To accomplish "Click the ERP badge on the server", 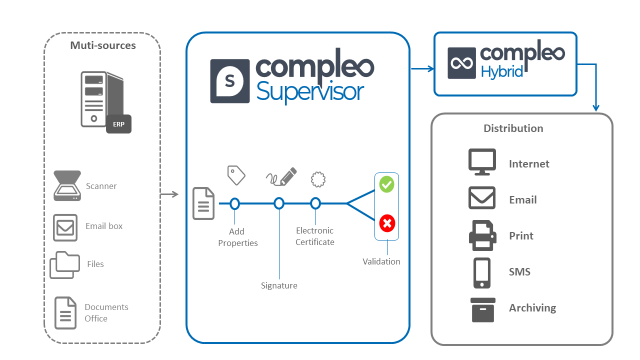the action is [x=118, y=124].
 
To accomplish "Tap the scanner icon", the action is [x=67, y=185].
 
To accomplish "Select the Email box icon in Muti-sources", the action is [x=65, y=227].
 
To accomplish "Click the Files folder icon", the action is [x=65, y=265].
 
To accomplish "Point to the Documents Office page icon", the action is [x=65, y=313].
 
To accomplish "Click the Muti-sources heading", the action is [x=103, y=45].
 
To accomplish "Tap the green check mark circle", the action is [x=387, y=184].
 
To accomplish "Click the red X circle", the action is [x=387, y=223].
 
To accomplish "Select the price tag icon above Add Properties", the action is [x=236, y=175].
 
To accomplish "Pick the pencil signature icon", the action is [x=281, y=177].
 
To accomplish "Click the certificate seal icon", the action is [x=318, y=179].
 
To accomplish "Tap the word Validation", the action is [x=381, y=261].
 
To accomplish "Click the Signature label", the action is [x=279, y=285].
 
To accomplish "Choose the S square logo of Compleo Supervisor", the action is [x=230, y=81].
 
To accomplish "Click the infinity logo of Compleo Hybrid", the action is [x=461, y=63].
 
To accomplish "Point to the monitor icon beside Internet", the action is [x=482, y=162].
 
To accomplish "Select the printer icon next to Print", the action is [x=482, y=235].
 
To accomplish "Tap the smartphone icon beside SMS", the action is [x=482, y=273].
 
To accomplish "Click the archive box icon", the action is [x=483, y=309].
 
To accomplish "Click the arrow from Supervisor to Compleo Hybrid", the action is [x=422, y=69].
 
